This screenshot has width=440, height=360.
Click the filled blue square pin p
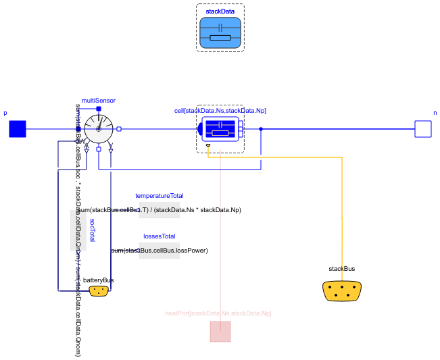17,128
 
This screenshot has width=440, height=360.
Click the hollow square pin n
423,128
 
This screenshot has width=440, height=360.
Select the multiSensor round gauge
99,128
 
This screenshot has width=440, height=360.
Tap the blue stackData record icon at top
220,32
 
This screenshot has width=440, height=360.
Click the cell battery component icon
220,128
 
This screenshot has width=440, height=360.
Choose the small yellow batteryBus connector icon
99,290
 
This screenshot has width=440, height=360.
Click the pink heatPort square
220,332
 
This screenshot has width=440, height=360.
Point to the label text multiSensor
99,100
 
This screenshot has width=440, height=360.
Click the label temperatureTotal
160,196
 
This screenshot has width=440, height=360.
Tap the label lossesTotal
160,236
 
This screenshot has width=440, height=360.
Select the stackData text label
220,11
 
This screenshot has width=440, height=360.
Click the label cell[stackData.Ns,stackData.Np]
220,110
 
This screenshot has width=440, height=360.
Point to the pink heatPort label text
218,313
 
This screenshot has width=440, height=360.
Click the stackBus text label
342,269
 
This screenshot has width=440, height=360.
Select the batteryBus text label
99,280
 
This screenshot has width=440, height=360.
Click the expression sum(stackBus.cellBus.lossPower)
160,251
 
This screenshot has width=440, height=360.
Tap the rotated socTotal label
93,230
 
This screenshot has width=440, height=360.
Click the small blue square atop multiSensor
99,108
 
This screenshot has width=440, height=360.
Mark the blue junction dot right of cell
261,128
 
